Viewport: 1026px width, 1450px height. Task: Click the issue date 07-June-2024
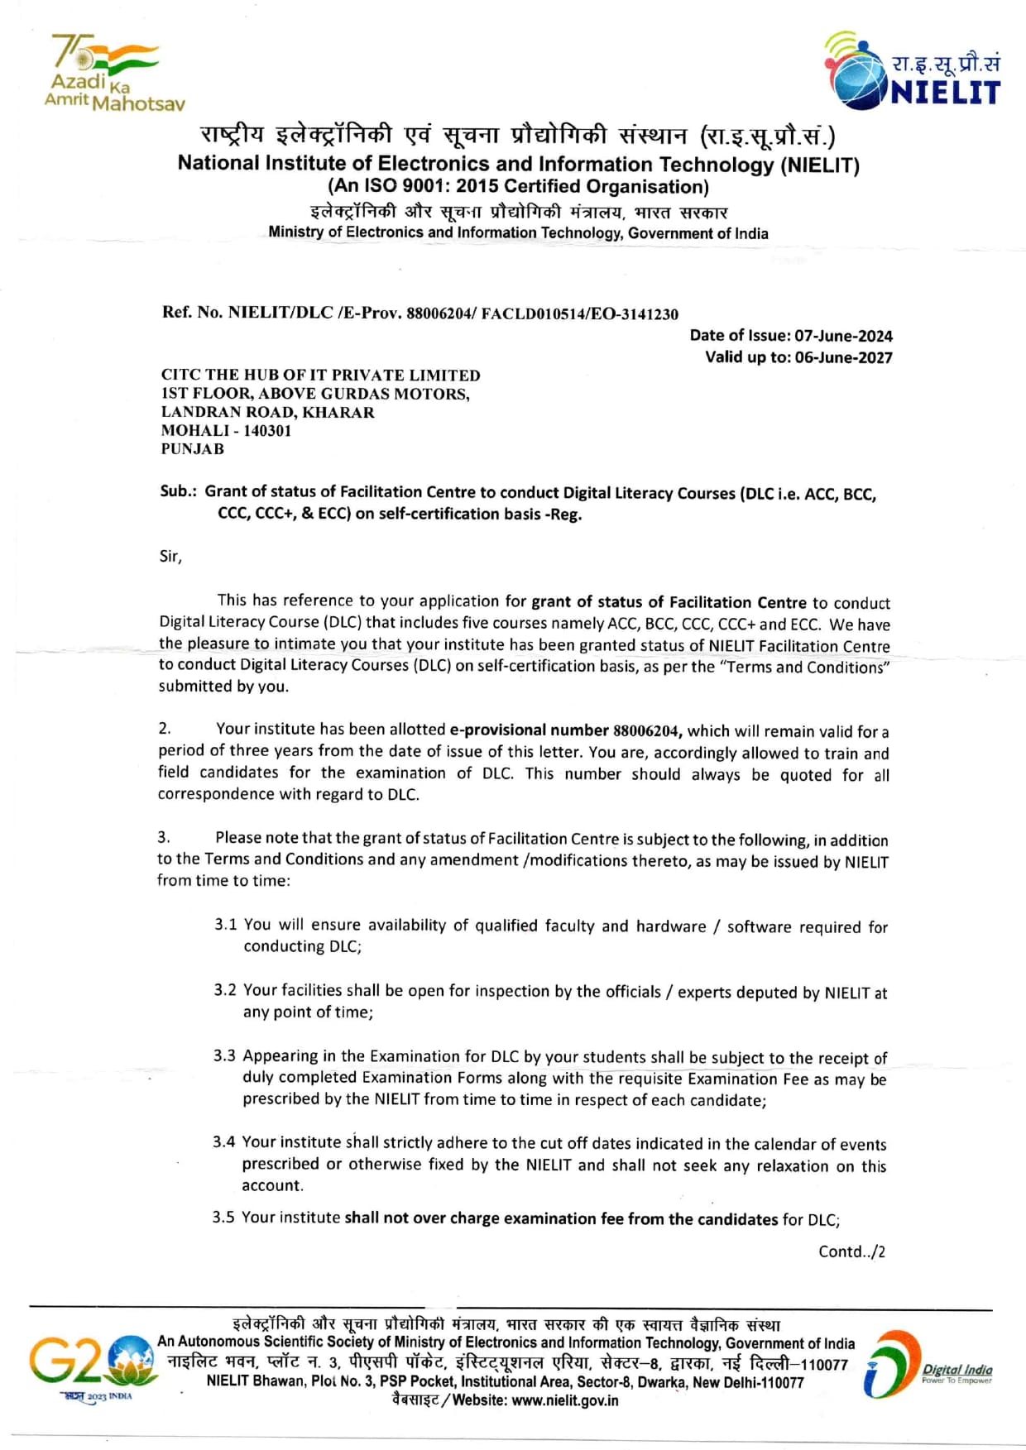(843, 336)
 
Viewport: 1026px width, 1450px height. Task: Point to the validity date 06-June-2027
(843, 357)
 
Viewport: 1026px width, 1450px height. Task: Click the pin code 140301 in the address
(267, 431)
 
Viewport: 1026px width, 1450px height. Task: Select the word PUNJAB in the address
(193, 449)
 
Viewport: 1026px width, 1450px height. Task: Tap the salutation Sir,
(170, 557)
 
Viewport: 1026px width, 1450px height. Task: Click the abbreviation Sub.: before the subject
(178, 491)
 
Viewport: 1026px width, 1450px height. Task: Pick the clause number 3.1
(225, 925)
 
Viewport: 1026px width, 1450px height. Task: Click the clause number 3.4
(223, 1142)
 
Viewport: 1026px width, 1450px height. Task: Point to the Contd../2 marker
(851, 1251)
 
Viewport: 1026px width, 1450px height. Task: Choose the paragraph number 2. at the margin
(165, 729)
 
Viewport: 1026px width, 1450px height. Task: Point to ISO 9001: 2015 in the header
(431, 187)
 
